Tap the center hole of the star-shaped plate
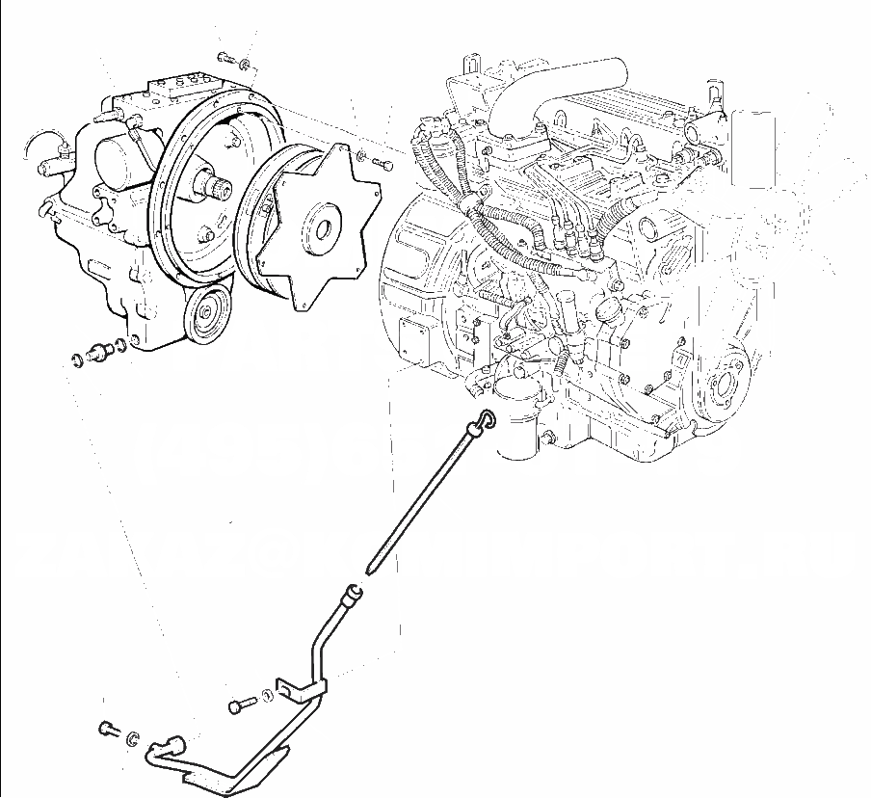click(x=321, y=229)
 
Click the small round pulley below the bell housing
click(x=204, y=313)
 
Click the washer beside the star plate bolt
click(x=360, y=155)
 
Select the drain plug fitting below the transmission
click(x=96, y=352)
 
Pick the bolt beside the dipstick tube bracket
click(x=240, y=706)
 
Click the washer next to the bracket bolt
click(x=265, y=696)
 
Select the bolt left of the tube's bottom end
click(x=107, y=729)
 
